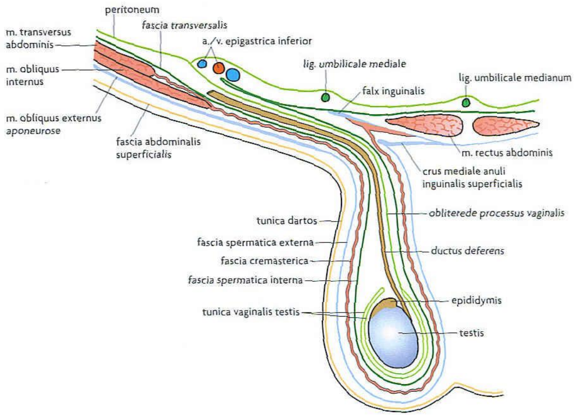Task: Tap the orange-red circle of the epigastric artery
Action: click(x=219, y=68)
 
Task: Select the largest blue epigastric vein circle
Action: click(x=233, y=75)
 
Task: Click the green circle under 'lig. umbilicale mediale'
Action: click(x=326, y=96)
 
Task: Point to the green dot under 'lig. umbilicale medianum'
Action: click(x=466, y=102)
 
